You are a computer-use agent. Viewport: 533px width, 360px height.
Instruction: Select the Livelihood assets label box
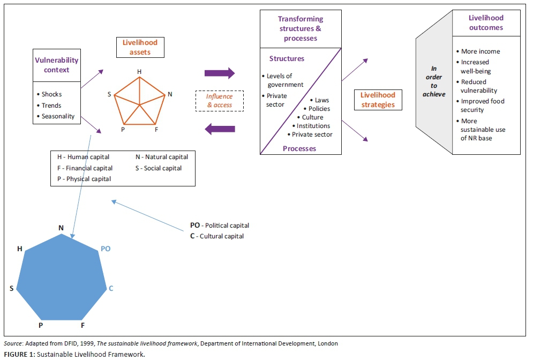[140, 47]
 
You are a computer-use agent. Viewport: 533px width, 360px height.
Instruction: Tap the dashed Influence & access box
[219, 101]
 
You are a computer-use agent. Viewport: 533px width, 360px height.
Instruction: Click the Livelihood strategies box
[378, 100]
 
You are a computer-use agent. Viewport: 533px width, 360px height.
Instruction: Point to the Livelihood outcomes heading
[486, 22]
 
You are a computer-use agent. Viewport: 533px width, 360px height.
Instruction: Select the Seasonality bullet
[58, 116]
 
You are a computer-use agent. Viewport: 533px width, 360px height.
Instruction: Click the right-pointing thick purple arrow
[220, 73]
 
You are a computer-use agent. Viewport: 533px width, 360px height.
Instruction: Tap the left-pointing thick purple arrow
[220, 129]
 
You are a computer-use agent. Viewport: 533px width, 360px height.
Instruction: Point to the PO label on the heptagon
[106, 249]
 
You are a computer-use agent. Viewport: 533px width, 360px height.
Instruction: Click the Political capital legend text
[220, 226]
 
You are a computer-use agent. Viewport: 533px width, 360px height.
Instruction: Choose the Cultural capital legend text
[217, 236]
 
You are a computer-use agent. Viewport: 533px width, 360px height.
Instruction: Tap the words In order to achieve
[434, 81]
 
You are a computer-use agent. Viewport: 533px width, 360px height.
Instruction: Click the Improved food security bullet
[483, 106]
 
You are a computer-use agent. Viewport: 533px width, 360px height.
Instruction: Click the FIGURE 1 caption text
[74, 354]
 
